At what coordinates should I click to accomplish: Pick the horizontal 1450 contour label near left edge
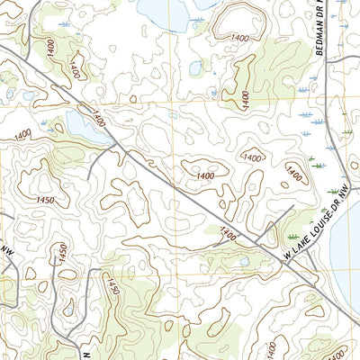click(x=46, y=200)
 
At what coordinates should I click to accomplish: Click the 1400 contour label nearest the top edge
click(x=240, y=37)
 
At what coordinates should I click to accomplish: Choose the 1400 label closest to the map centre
click(x=205, y=175)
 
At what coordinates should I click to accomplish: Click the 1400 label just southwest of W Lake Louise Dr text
click(x=228, y=234)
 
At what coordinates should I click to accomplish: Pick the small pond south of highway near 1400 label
click(x=242, y=262)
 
